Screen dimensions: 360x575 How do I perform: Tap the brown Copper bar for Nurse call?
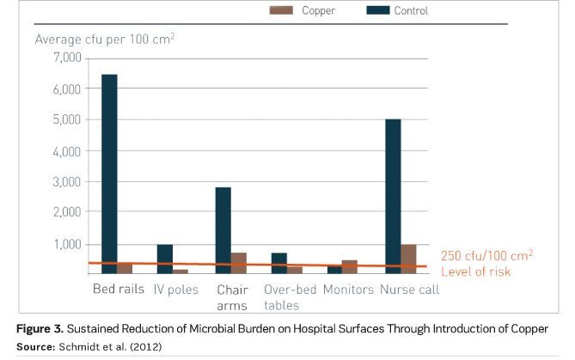(408, 259)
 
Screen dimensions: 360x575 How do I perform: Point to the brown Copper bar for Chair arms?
(239, 263)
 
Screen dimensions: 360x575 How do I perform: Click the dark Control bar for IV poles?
(164, 259)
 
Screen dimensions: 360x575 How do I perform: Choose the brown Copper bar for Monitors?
(350, 266)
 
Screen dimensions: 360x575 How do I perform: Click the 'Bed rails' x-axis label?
(119, 290)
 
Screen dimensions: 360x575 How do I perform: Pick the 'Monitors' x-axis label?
(348, 290)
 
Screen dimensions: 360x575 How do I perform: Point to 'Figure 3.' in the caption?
(41, 329)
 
